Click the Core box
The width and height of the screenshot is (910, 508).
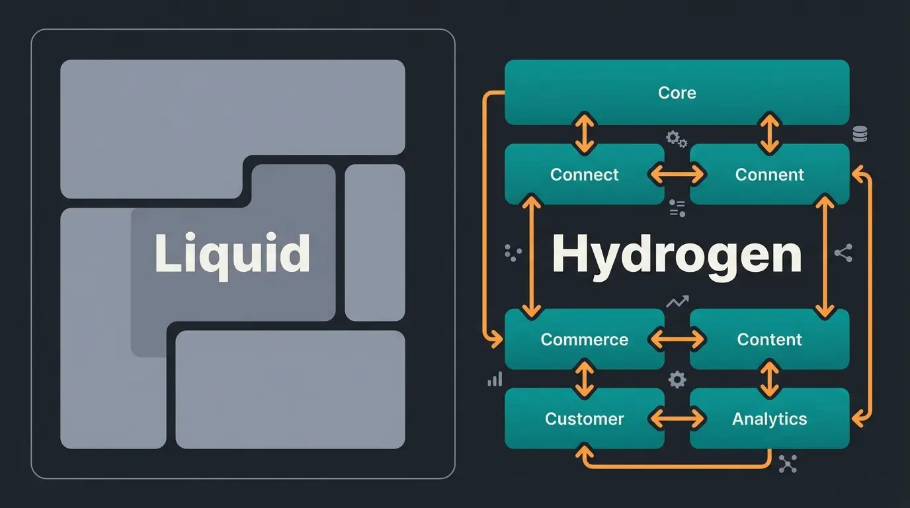tap(677, 93)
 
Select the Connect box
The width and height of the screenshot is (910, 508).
tap(584, 175)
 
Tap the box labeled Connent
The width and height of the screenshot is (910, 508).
tap(769, 175)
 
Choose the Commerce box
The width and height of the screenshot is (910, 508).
tap(584, 339)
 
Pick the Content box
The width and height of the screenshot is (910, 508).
tap(769, 339)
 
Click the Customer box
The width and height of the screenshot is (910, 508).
tap(584, 419)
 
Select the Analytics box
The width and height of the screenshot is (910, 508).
tap(769, 419)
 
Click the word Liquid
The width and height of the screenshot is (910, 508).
tap(232, 253)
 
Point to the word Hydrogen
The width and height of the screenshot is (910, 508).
tap(677, 255)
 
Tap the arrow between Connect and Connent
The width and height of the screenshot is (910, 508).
tap(677, 175)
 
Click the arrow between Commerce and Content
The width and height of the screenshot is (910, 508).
tap(677, 339)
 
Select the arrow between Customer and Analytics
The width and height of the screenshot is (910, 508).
tap(677, 419)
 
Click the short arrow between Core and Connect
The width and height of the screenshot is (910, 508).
tap(584, 134)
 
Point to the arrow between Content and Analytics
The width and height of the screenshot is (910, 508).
tap(769, 379)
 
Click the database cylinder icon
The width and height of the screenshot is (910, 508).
tap(860, 134)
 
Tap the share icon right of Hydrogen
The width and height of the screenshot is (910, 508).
tap(843, 253)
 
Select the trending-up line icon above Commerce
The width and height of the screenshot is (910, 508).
tap(677, 302)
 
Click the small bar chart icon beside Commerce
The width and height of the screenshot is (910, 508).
tap(495, 379)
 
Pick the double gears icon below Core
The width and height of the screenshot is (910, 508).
tap(676, 139)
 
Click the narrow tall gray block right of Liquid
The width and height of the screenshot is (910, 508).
tap(374, 242)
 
